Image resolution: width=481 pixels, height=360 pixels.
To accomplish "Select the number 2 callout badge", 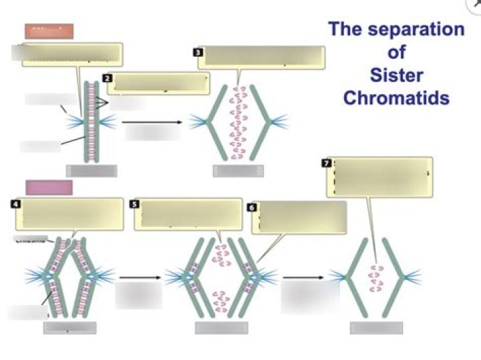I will point(108,78).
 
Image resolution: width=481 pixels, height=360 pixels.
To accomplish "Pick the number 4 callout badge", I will point(15,204).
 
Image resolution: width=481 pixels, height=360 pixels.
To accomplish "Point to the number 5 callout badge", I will point(135,204).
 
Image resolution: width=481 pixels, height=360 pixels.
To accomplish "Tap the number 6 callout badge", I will point(252,208).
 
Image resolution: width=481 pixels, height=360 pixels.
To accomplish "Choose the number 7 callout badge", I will point(326,163).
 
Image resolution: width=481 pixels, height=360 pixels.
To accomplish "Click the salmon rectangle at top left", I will point(49,31).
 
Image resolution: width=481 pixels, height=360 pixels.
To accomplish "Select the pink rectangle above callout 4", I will point(49,187).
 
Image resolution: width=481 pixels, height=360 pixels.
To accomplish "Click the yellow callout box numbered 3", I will point(265,57).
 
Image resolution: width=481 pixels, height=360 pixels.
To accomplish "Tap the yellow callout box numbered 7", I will point(379,177).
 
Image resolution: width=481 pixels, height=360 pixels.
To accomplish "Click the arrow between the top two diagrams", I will point(152,122).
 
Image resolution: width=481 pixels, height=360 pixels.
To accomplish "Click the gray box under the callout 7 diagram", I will point(376,328).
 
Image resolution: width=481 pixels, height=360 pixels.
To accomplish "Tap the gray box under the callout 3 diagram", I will point(238,171).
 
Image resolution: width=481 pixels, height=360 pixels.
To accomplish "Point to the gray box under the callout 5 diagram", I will point(221,328).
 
